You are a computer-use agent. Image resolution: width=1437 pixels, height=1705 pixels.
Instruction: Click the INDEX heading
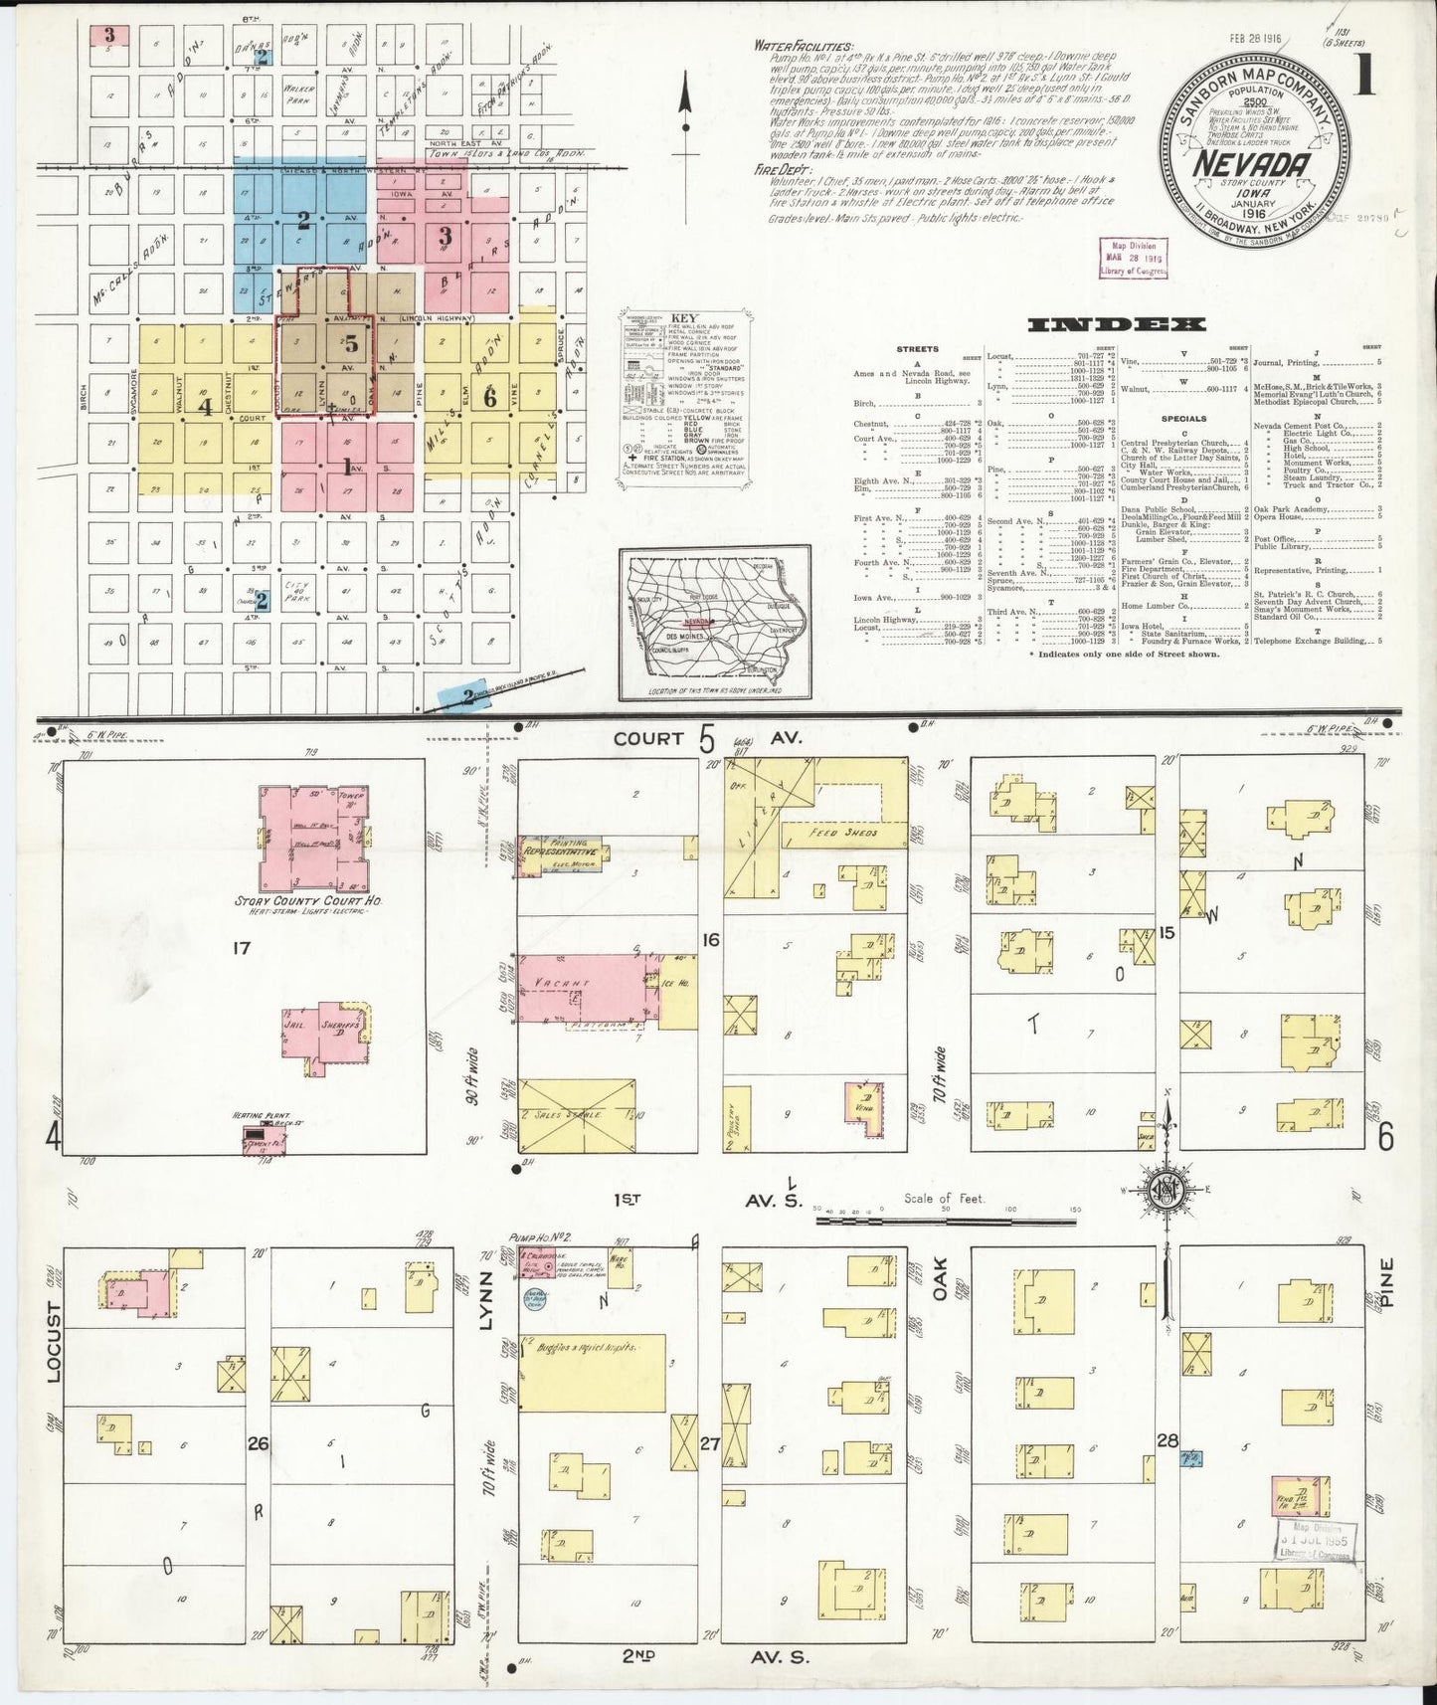pyautogui.click(x=1117, y=324)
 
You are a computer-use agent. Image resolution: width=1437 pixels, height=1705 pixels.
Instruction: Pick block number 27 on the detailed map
pyautogui.click(x=709, y=1440)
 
